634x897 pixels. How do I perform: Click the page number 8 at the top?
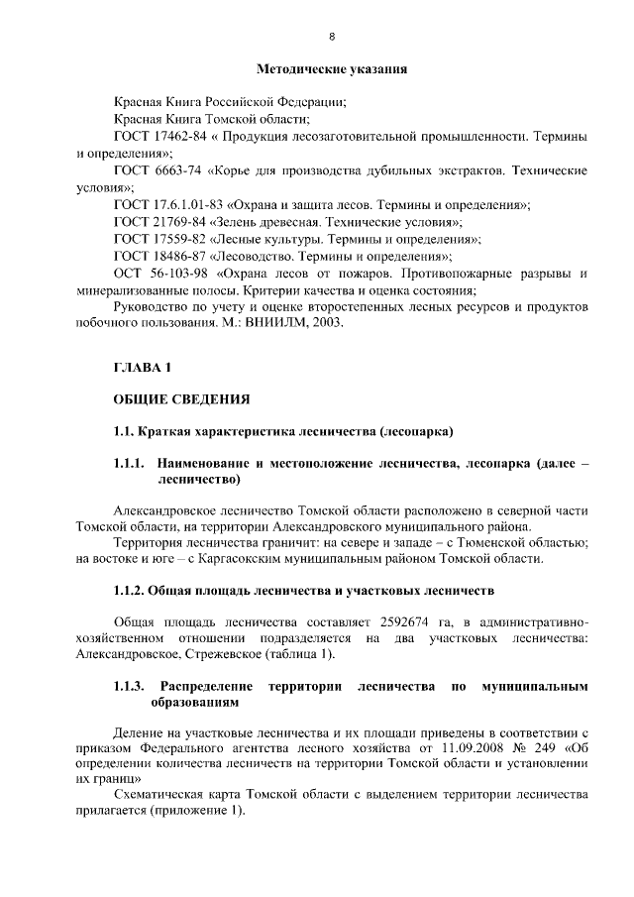pos(332,37)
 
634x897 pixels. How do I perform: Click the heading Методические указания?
pos(332,69)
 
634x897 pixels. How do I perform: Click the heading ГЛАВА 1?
pos(143,368)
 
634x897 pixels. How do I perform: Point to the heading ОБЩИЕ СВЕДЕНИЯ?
pos(180,399)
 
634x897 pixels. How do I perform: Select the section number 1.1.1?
pos(130,463)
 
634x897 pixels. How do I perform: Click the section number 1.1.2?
pos(129,592)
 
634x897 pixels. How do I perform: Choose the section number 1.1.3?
pos(130,686)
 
